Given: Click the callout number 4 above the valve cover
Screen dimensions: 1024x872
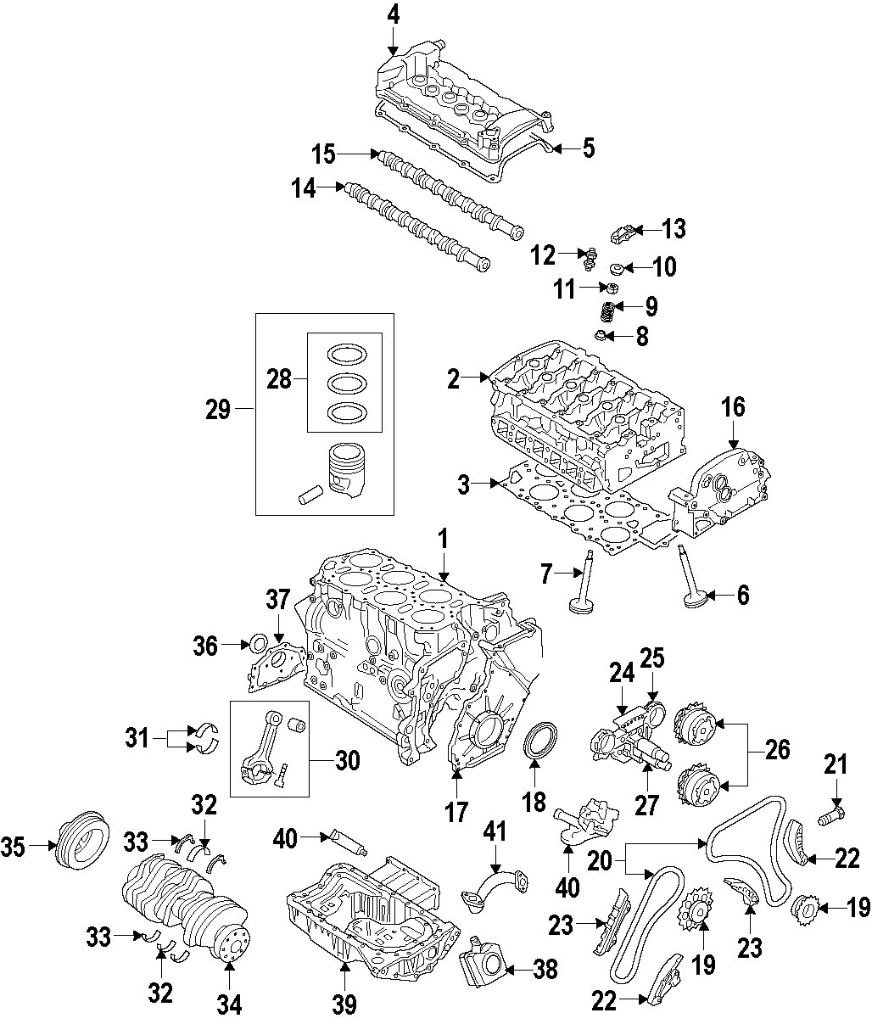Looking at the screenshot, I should [393, 14].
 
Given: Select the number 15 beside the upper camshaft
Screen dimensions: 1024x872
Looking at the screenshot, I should [323, 154].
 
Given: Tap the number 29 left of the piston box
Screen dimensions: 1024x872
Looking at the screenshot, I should [218, 410].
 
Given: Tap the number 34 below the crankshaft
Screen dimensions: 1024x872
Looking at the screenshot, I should [229, 1005].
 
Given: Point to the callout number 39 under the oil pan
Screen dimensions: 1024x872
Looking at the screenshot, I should [344, 1004].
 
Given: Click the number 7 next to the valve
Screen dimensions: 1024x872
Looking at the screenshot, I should [548, 576].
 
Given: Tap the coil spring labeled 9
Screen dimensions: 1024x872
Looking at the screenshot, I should [607, 312].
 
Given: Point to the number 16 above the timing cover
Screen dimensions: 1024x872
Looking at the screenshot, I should [733, 407].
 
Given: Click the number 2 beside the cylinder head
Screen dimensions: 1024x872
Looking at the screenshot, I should [454, 379].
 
